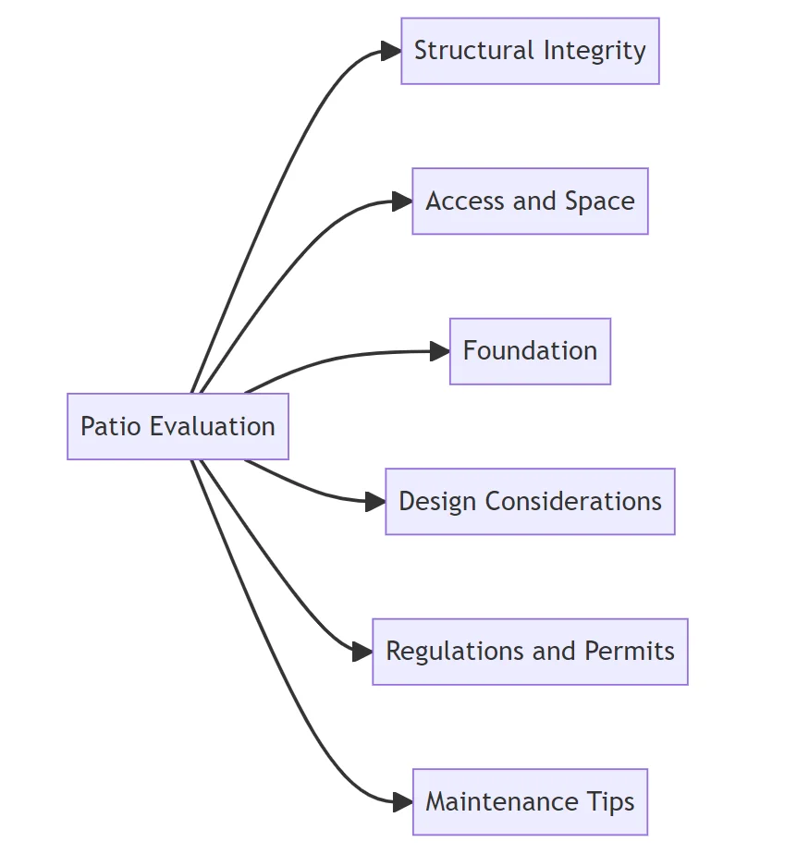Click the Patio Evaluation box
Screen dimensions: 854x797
pyautogui.click(x=178, y=426)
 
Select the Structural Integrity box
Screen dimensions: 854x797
pyautogui.click(x=530, y=51)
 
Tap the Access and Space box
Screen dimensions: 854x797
pyautogui.click(x=530, y=201)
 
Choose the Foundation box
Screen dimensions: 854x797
pyautogui.click(x=530, y=351)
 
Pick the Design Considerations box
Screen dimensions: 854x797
pyautogui.click(x=530, y=501)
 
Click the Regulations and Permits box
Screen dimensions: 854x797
pyautogui.click(x=530, y=652)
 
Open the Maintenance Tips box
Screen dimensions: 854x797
pyautogui.click(x=530, y=801)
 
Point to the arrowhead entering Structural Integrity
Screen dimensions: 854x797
pyautogui.click(x=391, y=51)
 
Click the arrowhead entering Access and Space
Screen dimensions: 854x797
pyautogui.click(x=402, y=201)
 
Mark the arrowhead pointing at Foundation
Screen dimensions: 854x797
pyautogui.click(x=440, y=351)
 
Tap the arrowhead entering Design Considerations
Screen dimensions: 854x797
pyautogui.click(x=375, y=502)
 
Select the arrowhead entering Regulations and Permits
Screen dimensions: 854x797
pyautogui.click(x=362, y=652)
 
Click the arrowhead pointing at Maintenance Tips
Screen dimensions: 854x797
pyautogui.click(x=402, y=801)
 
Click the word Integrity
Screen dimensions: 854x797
pyautogui.click(x=595, y=51)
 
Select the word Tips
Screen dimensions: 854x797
pyautogui.click(x=614, y=801)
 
